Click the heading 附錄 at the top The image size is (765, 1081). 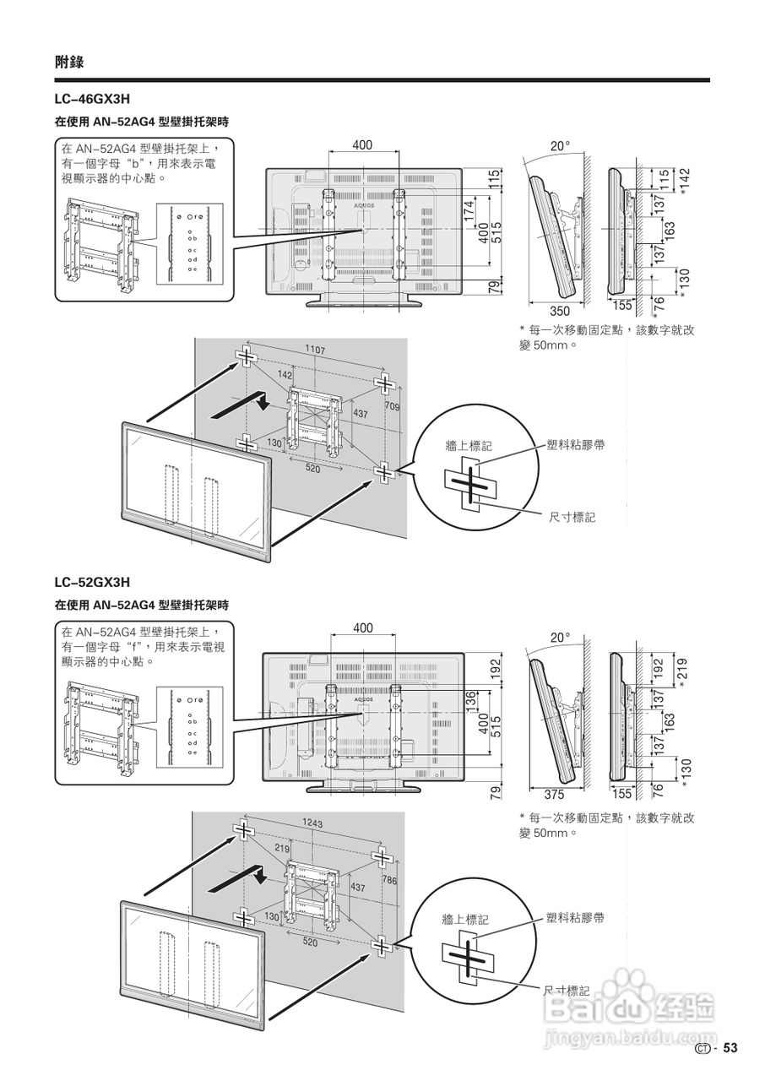pyautogui.click(x=69, y=62)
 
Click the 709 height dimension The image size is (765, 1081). pyautogui.click(x=392, y=408)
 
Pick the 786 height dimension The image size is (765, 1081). pyautogui.click(x=389, y=881)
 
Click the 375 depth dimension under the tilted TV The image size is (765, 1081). pyautogui.click(x=554, y=794)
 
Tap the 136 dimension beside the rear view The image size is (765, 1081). pyautogui.click(x=470, y=700)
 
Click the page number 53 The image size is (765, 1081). pyautogui.click(x=730, y=1048)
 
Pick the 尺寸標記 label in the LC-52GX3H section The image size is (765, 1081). pyautogui.click(x=567, y=990)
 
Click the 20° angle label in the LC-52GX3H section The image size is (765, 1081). pyautogui.click(x=561, y=638)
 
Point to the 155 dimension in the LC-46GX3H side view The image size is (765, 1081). pyautogui.click(x=622, y=306)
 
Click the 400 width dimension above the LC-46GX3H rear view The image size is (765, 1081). pyautogui.click(x=362, y=145)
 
